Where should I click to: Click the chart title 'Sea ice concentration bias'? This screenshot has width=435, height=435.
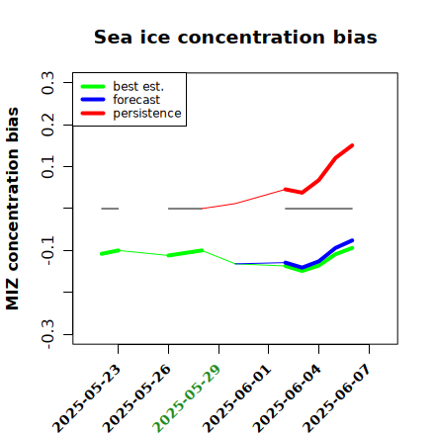point(235,37)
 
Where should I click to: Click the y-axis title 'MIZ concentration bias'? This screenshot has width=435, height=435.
point(13,209)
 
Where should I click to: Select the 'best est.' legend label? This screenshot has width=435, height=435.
point(138,86)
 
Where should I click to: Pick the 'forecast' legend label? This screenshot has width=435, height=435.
point(136,100)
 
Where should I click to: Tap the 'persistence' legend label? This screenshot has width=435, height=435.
point(147,114)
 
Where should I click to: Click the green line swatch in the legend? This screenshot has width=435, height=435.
point(93,86)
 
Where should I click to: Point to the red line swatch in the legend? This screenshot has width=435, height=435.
point(93,114)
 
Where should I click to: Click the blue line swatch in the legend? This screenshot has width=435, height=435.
point(93,100)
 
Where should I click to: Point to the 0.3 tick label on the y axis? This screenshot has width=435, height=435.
point(48,83)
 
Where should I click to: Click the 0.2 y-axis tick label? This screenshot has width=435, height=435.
point(48,125)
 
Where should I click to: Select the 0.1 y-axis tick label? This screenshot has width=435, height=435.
point(48,167)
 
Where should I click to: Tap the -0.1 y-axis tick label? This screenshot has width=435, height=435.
point(48,250)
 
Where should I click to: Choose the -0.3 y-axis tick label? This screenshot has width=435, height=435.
point(48,334)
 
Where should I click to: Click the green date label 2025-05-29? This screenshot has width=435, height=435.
point(187,398)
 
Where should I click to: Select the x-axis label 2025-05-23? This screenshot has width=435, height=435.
point(86,398)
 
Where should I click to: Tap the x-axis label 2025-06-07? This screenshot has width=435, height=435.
point(337,398)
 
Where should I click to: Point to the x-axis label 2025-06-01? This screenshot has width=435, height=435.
point(236,398)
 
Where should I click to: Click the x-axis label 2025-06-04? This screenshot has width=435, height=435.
point(287,398)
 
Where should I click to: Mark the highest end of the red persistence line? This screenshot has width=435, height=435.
point(352,145)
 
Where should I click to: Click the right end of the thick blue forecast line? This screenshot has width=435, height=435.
point(352,240)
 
